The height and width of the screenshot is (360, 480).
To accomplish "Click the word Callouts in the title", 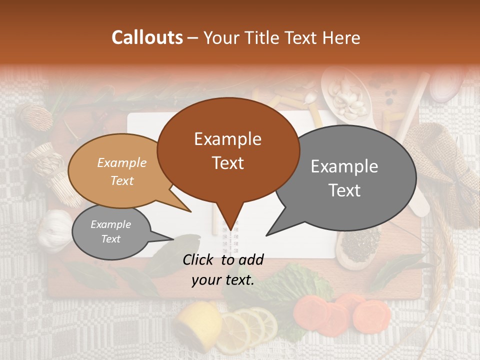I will tap(147, 37).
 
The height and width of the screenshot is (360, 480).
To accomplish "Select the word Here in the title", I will tap(342, 37).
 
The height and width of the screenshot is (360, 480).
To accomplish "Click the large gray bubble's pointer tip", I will tap(267, 235).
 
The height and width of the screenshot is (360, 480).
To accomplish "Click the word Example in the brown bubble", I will tap(227, 139).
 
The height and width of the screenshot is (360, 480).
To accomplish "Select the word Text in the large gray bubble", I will tap(345, 190).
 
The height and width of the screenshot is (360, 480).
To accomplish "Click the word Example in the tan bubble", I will tap(122, 162).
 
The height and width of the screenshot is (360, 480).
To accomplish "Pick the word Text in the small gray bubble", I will tap(111, 239).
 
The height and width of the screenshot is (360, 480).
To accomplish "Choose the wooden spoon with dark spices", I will tap(357, 245).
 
